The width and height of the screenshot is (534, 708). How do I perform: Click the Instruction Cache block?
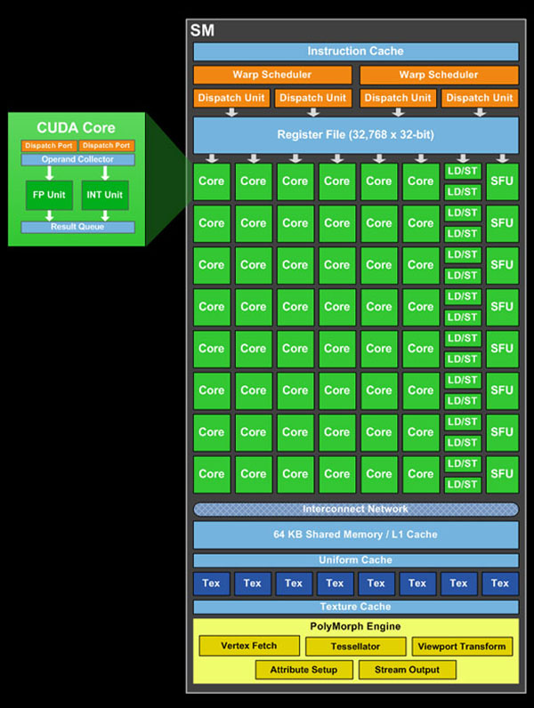(x=355, y=52)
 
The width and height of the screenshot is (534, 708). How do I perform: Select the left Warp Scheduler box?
(x=272, y=75)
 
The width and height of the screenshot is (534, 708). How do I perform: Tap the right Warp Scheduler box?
(x=438, y=75)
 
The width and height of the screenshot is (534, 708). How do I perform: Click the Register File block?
(x=355, y=135)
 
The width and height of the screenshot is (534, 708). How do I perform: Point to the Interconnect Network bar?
(x=355, y=510)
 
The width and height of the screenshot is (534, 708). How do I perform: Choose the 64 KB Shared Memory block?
(x=355, y=535)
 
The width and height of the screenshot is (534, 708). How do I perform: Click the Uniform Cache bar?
(x=355, y=560)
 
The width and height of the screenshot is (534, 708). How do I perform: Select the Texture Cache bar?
(x=355, y=607)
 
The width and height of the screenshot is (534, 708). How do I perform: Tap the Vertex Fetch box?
(x=248, y=647)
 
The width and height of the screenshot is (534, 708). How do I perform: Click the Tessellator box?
(x=355, y=647)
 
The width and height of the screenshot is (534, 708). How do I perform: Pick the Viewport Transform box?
(x=462, y=647)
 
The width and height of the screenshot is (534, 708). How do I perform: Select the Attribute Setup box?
(x=303, y=670)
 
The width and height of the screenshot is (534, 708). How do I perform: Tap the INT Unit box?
(x=105, y=195)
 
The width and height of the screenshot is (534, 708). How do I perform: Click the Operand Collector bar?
(x=77, y=160)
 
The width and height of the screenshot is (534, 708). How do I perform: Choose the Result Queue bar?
(x=77, y=228)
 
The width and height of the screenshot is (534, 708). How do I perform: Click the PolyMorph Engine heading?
(x=355, y=627)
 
